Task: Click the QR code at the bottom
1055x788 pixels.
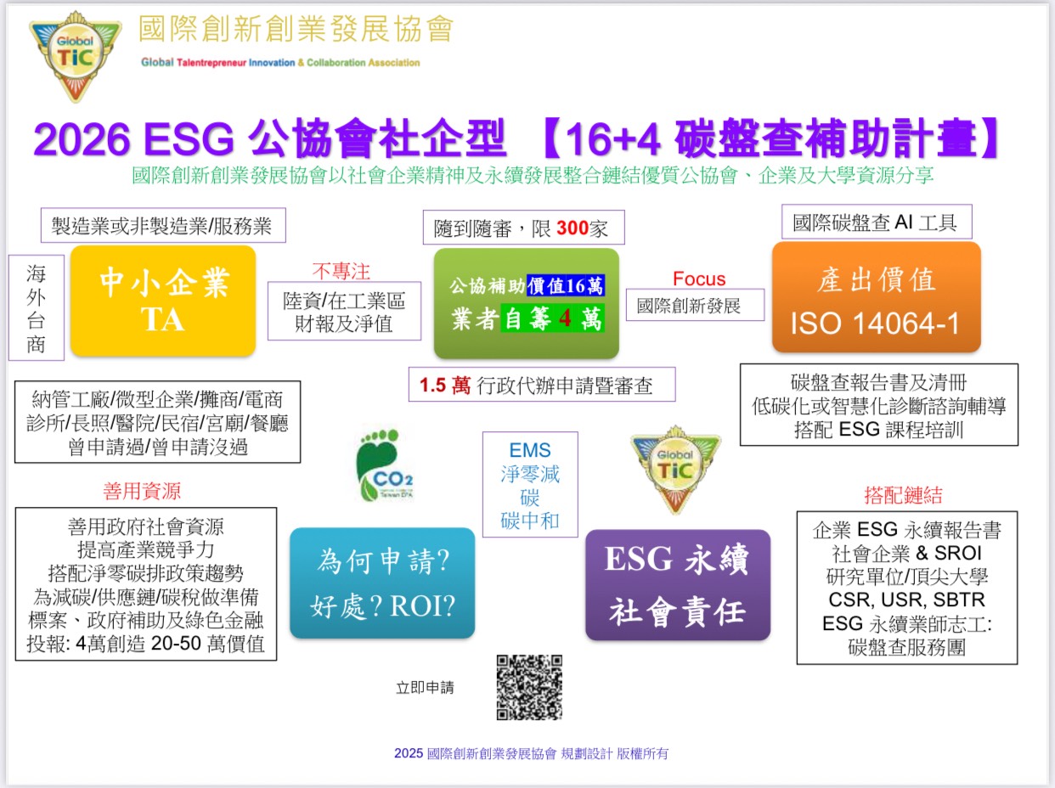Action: tap(529, 687)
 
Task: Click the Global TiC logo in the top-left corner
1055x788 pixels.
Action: tap(76, 56)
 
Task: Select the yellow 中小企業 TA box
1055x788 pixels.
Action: tap(163, 301)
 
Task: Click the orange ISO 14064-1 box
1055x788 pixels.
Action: tap(877, 297)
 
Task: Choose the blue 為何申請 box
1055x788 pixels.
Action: tap(382, 583)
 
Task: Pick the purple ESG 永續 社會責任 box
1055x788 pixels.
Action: tap(678, 585)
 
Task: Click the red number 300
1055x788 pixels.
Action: tap(573, 228)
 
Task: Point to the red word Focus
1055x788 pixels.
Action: tap(699, 279)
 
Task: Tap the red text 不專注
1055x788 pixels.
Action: tap(341, 272)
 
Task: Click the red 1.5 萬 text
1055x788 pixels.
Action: tap(444, 385)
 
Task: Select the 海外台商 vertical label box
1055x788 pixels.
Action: tap(37, 307)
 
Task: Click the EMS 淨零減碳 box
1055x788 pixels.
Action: tap(530, 484)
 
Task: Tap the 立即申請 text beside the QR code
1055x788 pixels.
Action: tap(425, 688)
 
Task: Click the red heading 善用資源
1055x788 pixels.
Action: tap(142, 491)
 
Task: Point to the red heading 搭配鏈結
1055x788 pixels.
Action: tap(903, 495)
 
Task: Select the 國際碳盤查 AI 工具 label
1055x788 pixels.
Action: tap(877, 222)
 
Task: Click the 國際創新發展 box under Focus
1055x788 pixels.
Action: tap(695, 305)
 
